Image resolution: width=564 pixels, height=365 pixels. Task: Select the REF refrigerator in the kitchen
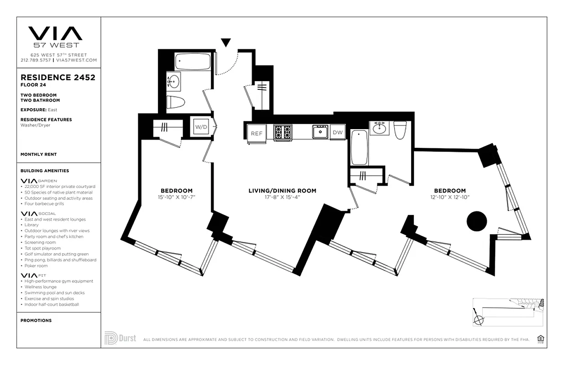click(256, 133)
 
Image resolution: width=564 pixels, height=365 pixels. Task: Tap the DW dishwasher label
click(338, 132)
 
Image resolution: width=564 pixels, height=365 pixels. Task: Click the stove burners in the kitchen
click(282, 132)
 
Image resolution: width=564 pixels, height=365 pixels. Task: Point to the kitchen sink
click(320, 132)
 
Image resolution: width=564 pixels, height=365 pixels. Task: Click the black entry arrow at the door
click(225, 43)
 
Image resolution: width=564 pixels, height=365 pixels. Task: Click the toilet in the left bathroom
click(176, 102)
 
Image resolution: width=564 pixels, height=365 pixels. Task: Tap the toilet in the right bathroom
click(400, 130)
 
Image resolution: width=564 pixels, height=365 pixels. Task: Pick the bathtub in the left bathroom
click(193, 61)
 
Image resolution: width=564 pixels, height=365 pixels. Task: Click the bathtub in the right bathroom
click(360, 147)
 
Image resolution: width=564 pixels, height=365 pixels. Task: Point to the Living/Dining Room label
click(282, 191)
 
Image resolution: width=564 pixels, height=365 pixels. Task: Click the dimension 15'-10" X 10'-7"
click(176, 197)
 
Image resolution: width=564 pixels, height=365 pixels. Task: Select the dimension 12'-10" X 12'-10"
click(449, 197)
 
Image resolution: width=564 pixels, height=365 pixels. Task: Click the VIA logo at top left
click(55, 34)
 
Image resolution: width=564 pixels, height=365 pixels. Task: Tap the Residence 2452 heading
click(58, 78)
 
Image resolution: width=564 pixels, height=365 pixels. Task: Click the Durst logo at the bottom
click(120, 339)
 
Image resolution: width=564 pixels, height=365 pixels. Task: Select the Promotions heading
click(36, 320)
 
